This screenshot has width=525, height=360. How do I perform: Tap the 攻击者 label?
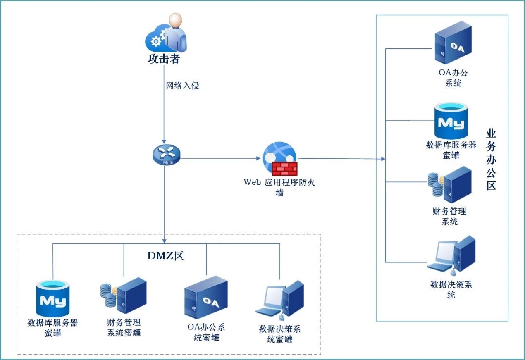coord(164,59)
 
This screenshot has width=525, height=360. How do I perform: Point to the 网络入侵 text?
coord(182,86)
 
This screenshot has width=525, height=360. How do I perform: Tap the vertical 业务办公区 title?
coord(491,159)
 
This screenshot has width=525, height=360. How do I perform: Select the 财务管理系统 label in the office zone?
coord(449,216)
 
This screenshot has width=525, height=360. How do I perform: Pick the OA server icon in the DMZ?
coord(205,297)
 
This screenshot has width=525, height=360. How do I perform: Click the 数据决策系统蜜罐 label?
coord(279,334)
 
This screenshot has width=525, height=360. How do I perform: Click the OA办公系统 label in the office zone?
coord(453,78)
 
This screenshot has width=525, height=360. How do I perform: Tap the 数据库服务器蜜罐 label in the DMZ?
coord(53,327)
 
